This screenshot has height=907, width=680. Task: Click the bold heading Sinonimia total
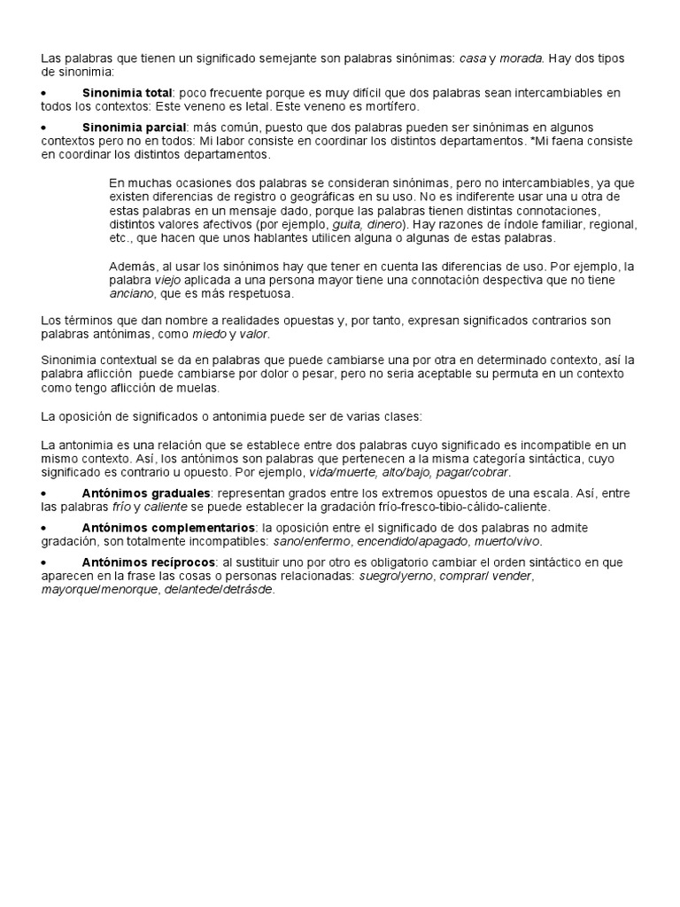pos(127,93)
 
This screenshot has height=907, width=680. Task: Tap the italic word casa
pos(473,58)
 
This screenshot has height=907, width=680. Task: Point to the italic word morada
pos(522,58)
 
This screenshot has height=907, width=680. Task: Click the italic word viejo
pos(168,280)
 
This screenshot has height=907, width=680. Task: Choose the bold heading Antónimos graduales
pos(146,493)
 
